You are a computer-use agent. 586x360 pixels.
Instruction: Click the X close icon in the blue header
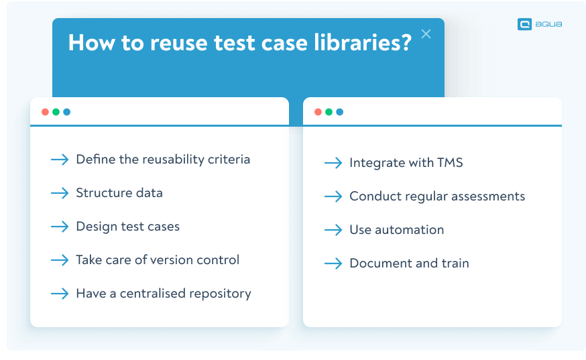pyautogui.click(x=426, y=34)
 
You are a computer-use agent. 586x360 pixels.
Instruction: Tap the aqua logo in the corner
pyautogui.click(x=539, y=24)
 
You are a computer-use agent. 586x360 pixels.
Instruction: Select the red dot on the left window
pyautogui.click(x=45, y=112)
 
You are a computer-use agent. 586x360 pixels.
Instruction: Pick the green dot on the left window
pyautogui.click(x=56, y=112)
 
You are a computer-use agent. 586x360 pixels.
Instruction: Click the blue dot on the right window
pyautogui.click(x=339, y=112)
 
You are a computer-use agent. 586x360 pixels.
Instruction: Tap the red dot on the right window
pyautogui.click(x=318, y=112)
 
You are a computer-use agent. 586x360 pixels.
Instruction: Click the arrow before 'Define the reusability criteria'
pyautogui.click(x=60, y=160)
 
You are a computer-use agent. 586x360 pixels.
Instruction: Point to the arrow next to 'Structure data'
pyautogui.click(x=60, y=193)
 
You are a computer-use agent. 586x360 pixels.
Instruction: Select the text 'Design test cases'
pyautogui.click(x=127, y=227)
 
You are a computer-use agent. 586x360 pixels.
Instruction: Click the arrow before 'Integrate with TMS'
pyautogui.click(x=333, y=163)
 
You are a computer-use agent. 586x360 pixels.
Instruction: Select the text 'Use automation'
pyautogui.click(x=396, y=230)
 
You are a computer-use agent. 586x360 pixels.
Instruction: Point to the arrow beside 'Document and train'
pyautogui.click(x=333, y=263)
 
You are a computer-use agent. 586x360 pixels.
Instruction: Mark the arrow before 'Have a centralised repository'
pyautogui.click(x=60, y=294)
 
